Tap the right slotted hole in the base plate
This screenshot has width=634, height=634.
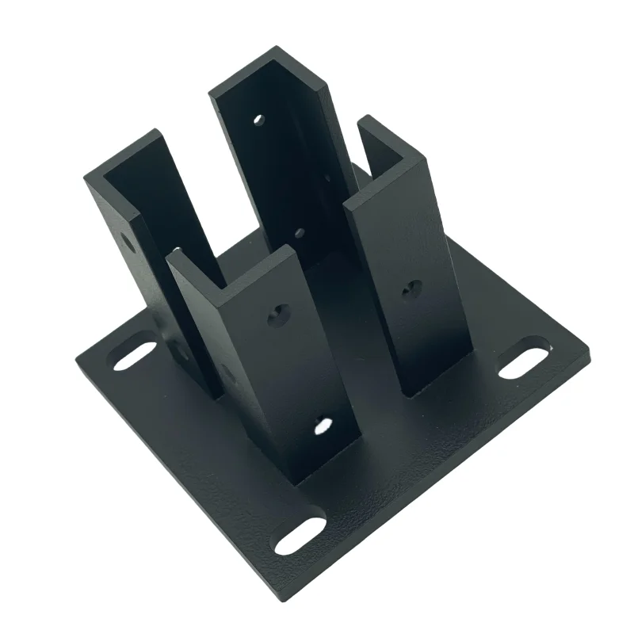pyautogui.click(x=523, y=361)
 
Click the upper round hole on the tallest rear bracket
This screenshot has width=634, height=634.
pyautogui.click(x=258, y=120)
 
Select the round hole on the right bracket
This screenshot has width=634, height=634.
pyautogui.click(x=410, y=290)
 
